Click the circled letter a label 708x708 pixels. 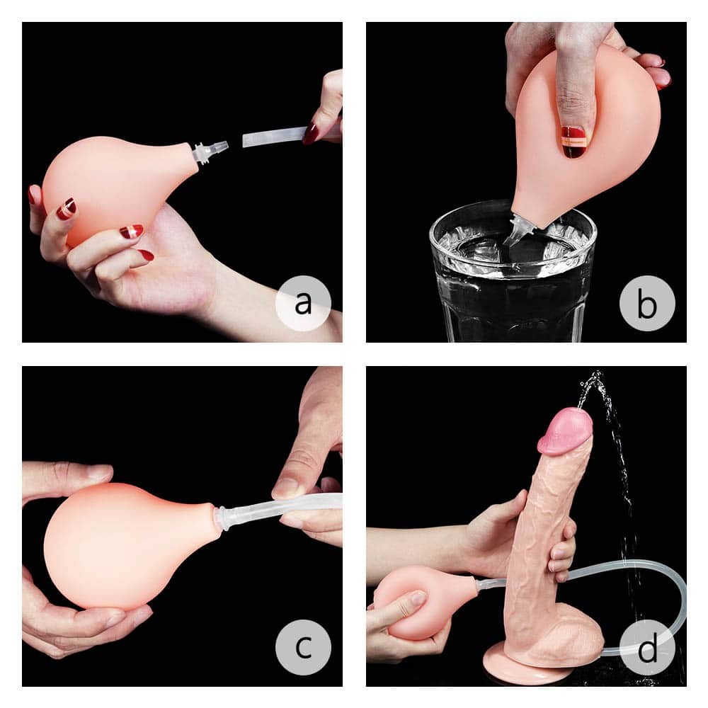point(303,304)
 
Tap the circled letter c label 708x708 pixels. point(303,647)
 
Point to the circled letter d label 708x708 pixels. point(647,647)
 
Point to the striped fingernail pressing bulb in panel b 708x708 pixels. point(574,140)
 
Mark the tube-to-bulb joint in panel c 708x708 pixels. point(222,517)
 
